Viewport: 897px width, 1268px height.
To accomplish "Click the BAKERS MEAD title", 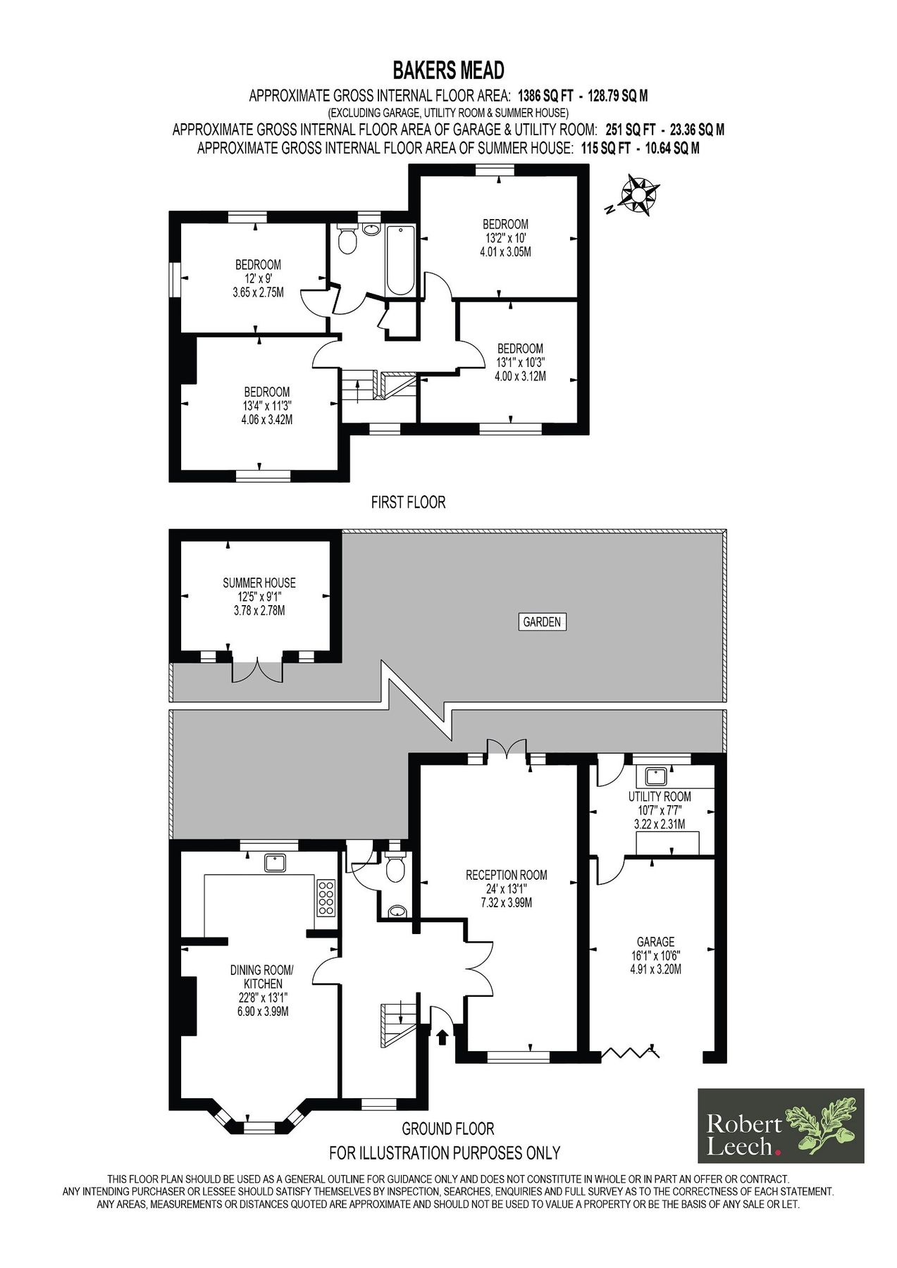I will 448,70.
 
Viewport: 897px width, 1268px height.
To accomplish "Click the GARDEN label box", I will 542,621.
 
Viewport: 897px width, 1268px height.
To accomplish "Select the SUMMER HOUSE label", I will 259,583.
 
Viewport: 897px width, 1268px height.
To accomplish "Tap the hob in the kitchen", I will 326,897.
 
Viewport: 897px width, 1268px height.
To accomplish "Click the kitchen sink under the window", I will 273,862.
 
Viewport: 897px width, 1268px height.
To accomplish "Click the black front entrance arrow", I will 443,1036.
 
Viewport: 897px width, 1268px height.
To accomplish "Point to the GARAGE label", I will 655,942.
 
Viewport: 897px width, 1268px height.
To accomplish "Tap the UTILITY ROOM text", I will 660,796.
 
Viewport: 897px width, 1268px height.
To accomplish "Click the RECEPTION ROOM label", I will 506,875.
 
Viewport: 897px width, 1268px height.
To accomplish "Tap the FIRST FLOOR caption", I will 408,502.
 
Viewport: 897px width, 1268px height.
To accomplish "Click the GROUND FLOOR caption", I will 447,1129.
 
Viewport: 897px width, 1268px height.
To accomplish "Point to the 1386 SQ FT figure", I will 546,96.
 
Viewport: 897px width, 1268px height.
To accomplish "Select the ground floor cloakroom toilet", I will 395,866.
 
